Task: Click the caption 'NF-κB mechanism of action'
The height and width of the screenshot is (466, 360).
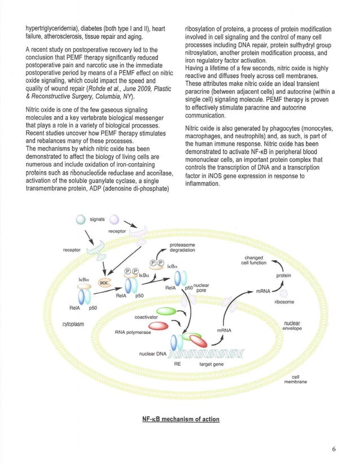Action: pos(180,419)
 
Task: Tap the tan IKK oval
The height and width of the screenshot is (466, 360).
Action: pos(105,282)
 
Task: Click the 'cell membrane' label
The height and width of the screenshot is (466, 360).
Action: pos(296,379)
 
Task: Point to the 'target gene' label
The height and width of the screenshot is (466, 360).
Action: pos(212,364)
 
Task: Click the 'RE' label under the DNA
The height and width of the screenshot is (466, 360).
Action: pos(177,364)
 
